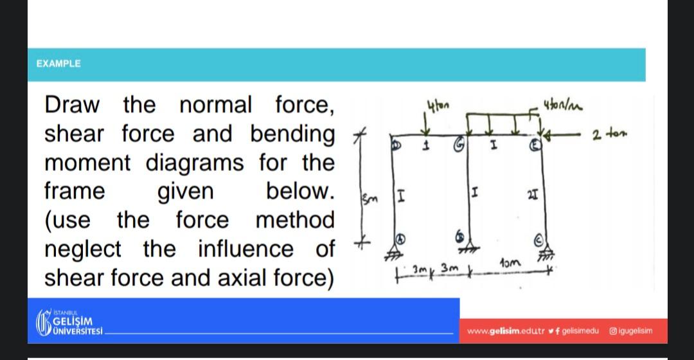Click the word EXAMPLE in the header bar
(58, 64)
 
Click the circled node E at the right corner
(533, 146)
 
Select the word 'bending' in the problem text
(292, 134)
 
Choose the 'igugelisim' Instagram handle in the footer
(634, 331)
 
